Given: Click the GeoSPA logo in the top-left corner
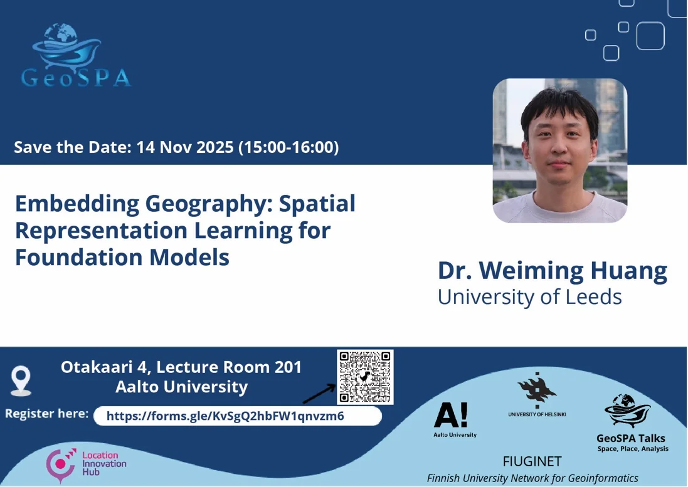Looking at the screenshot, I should [x=75, y=56].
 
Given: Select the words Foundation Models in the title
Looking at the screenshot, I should [x=122, y=257].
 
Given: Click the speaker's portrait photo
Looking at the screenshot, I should [x=559, y=150].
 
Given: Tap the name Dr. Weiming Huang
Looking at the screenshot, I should [x=552, y=271].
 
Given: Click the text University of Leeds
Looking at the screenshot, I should [x=529, y=296].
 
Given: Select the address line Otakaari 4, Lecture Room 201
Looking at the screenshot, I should [x=181, y=367].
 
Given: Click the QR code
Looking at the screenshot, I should [x=365, y=377].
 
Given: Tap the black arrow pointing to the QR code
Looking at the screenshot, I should [x=319, y=394].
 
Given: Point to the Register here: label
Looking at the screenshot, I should [x=47, y=414].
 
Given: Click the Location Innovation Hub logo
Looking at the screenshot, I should [x=87, y=464].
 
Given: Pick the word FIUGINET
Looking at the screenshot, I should [x=532, y=462].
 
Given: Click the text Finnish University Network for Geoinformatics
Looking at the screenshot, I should [x=532, y=478].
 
